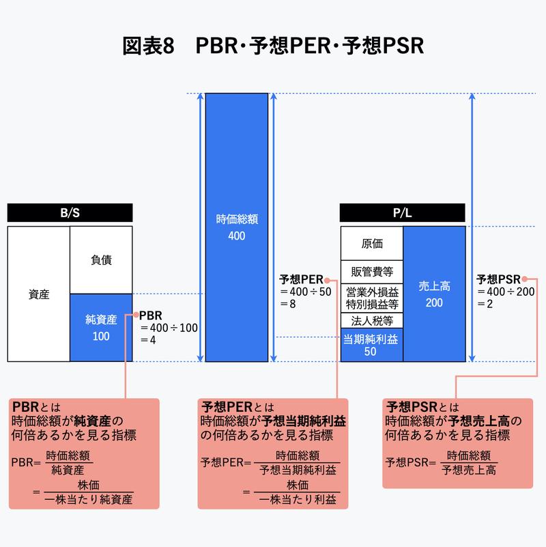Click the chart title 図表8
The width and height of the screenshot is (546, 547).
(x=148, y=46)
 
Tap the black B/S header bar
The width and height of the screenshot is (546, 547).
(x=70, y=213)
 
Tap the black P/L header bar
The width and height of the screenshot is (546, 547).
(x=402, y=213)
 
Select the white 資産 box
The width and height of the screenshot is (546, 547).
(x=39, y=294)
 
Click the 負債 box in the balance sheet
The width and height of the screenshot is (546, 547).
(x=101, y=260)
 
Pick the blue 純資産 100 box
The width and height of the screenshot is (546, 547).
(x=101, y=327)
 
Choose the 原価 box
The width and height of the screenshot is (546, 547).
(x=372, y=243)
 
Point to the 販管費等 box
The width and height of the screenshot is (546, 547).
(x=372, y=272)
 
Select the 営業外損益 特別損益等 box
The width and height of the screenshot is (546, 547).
(x=372, y=298)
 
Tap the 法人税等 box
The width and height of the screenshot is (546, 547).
(x=372, y=320)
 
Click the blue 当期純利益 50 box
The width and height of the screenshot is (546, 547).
(x=372, y=345)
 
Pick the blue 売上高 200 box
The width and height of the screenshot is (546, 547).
(x=434, y=294)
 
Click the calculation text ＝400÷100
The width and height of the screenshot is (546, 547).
(x=169, y=328)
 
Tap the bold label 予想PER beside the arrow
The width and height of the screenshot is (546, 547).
(x=301, y=279)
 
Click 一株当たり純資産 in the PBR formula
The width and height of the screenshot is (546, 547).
(x=89, y=499)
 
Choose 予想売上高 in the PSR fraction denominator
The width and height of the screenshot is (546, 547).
(x=468, y=469)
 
